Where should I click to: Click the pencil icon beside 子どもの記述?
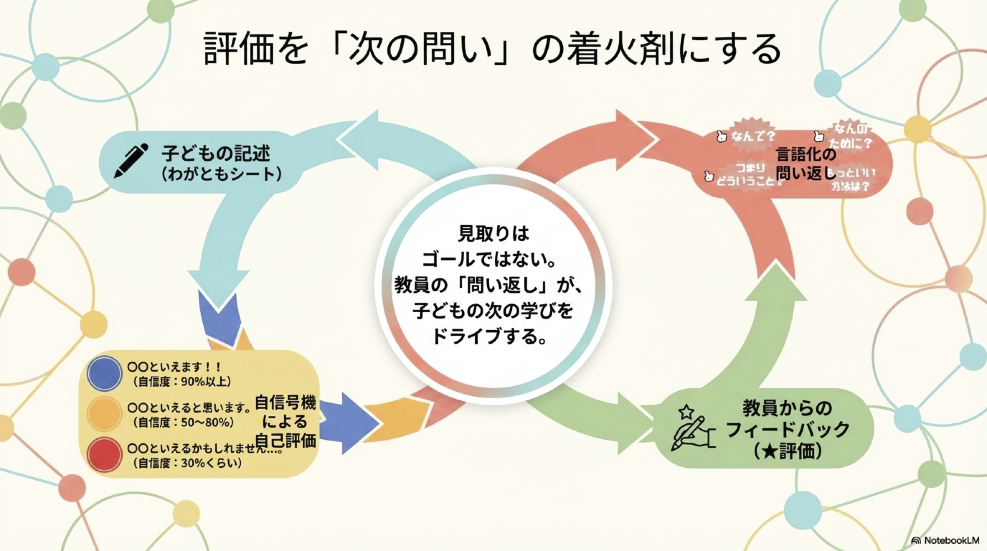[131, 161]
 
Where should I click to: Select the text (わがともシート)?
[221, 174]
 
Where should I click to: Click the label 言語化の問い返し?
[806, 164]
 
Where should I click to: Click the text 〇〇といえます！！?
[175, 367]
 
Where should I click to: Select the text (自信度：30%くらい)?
[187, 463]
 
